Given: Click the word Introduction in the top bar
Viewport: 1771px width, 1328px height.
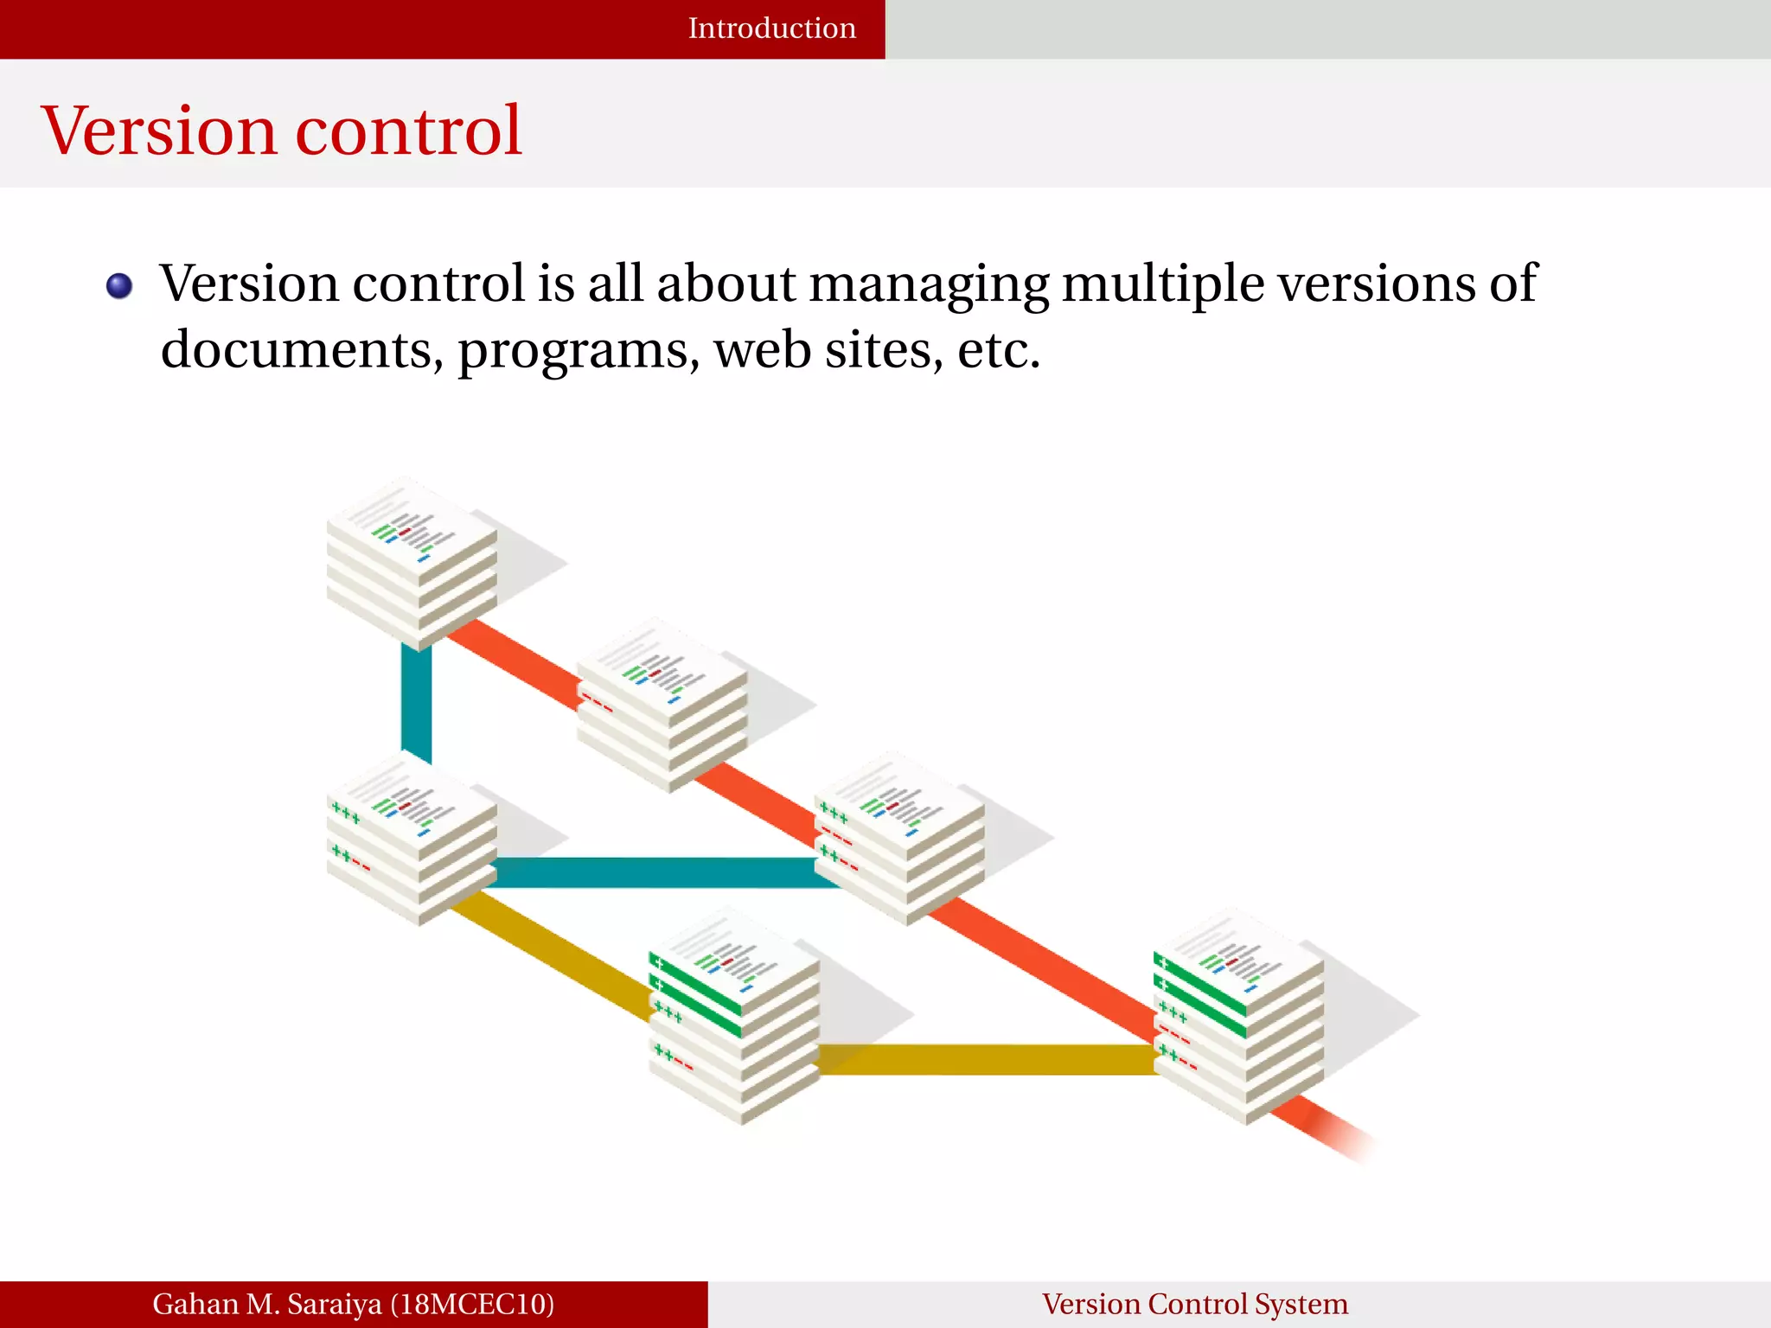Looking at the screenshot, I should pyautogui.click(x=771, y=29).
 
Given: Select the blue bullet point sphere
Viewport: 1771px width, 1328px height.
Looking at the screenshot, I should pyautogui.click(x=119, y=286).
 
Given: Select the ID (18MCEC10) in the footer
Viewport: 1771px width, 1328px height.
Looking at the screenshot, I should pyautogui.click(x=472, y=1304).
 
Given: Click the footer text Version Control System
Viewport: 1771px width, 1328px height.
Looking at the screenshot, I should pyautogui.click(x=1194, y=1304).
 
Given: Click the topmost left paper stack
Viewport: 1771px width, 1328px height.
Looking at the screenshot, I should pyautogui.click(x=412, y=562).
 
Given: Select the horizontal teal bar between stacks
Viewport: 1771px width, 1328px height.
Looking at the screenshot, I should pyautogui.click(x=657, y=872).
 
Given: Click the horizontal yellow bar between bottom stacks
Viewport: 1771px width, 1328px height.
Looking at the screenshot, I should pyautogui.click(x=986, y=1059).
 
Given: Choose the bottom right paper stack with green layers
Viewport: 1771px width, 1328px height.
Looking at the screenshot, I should pyautogui.click(x=1238, y=1016).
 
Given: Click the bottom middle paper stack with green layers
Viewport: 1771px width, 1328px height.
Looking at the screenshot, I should pyautogui.click(x=734, y=1016).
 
